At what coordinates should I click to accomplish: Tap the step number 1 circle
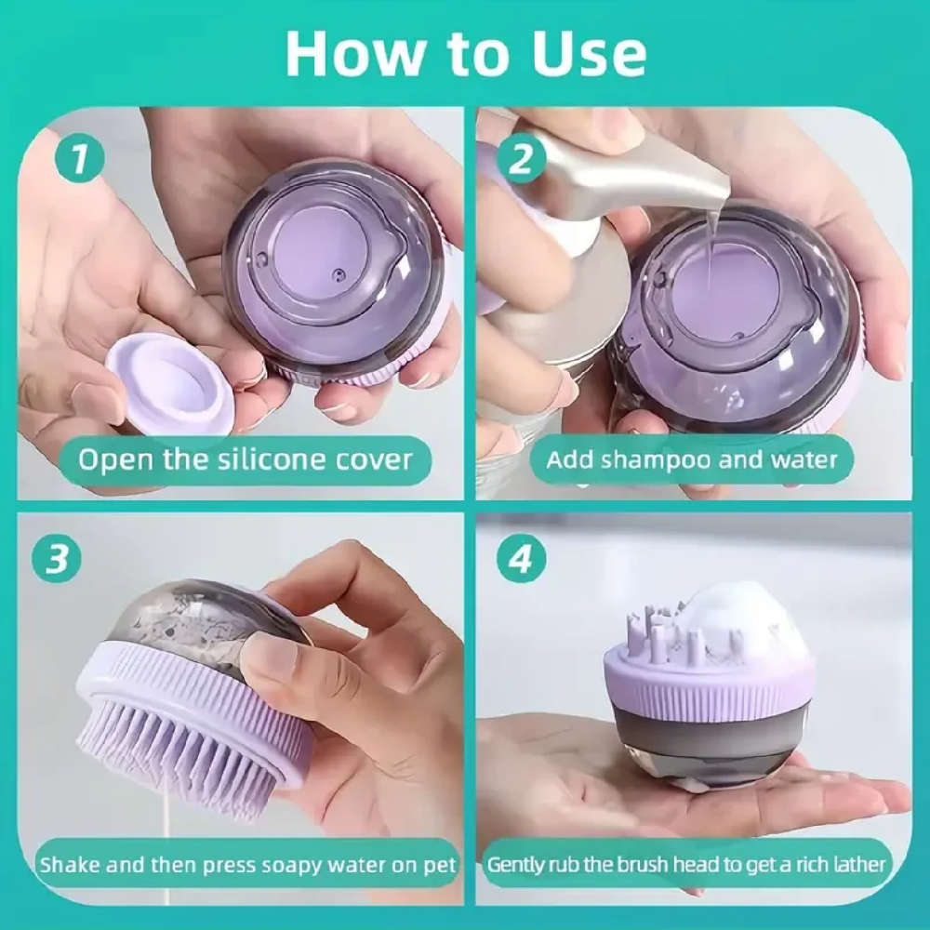tap(80, 158)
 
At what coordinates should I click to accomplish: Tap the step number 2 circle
tap(521, 158)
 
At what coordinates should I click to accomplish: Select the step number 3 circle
tap(57, 558)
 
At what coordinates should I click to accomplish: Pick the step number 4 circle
tap(521, 558)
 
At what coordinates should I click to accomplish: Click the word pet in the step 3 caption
tap(440, 866)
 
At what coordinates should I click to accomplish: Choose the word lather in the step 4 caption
tap(858, 865)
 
